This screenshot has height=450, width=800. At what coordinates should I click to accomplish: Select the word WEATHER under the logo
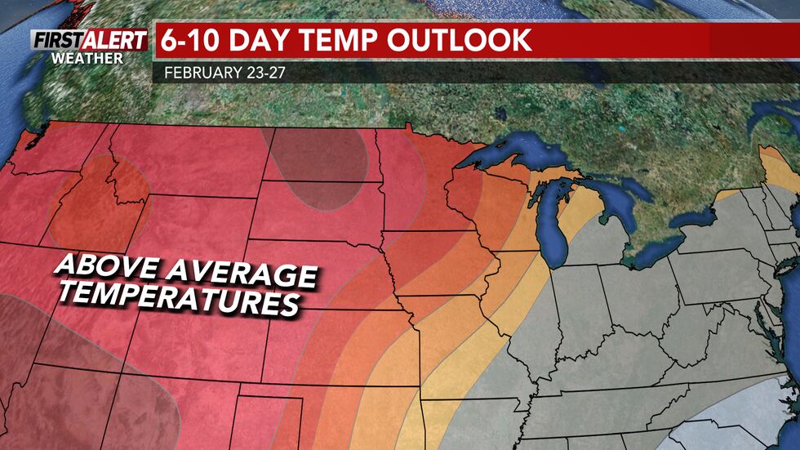[87, 59]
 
